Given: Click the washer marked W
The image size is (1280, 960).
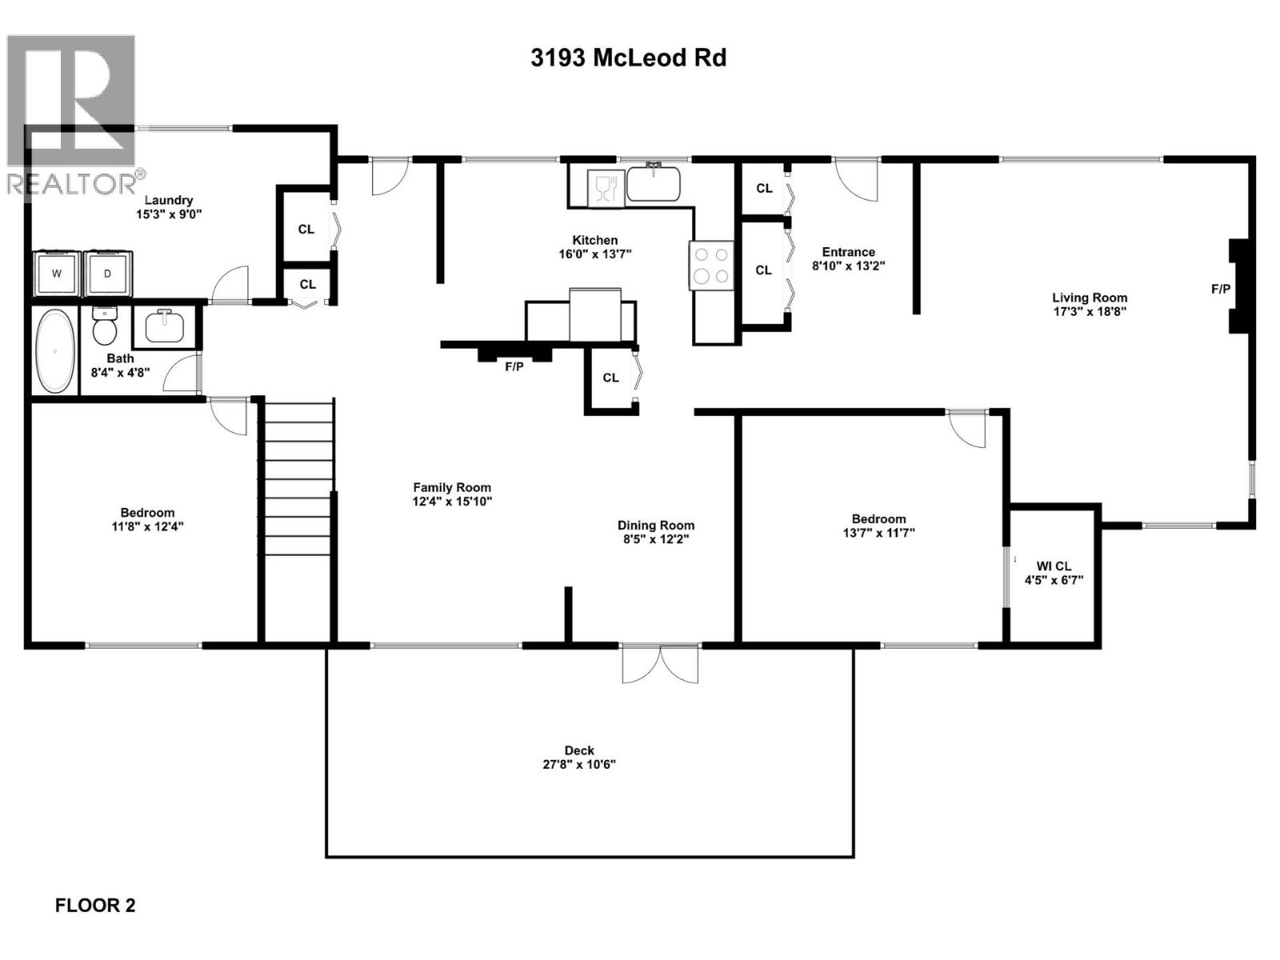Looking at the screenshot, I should click(x=57, y=274).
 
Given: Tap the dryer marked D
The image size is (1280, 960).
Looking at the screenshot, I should click(x=109, y=274).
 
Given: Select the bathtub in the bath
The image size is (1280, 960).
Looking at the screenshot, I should click(x=55, y=350).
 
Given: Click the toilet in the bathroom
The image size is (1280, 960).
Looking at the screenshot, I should click(x=105, y=324).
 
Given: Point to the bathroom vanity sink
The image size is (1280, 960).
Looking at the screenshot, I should click(x=165, y=326).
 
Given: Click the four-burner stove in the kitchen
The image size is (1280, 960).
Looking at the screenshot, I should click(x=711, y=265).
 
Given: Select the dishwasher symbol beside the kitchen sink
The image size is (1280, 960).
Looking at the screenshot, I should click(x=605, y=189).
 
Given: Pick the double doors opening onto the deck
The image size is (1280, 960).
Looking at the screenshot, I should click(x=660, y=663).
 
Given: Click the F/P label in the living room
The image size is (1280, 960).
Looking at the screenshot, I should click(x=1221, y=289).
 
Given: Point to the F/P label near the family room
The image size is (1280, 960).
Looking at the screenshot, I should click(x=514, y=367).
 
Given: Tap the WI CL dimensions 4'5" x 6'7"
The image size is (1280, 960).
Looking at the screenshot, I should click(x=1054, y=580).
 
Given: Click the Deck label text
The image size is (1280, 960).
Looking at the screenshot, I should click(x=579, y=750).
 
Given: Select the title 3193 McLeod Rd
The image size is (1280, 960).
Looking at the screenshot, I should click(x=628, y=58).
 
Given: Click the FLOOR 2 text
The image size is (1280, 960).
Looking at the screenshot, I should click(x=95, y=906).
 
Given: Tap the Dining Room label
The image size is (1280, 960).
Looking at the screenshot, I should click(x=655, y=526).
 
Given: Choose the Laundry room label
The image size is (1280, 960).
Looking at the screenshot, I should click(x=168, y=200).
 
